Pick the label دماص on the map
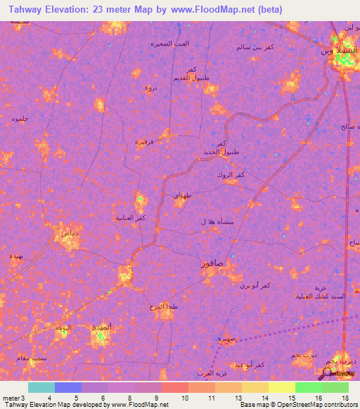click(70, 232)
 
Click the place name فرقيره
click(145, 142)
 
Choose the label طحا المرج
click(160, 307)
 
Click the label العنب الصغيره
click(169, 43)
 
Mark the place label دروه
click(150, 88)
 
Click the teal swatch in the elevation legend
click(41, 387)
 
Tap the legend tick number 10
click(185, 398)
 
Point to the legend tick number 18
click(345, 398)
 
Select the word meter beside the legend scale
click(10, 398)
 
